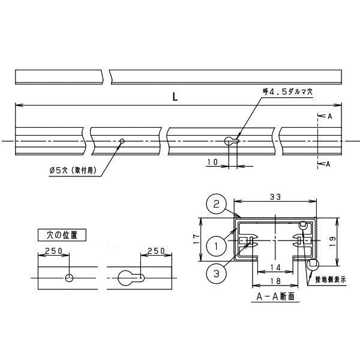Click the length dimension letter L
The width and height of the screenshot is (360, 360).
[175, 97]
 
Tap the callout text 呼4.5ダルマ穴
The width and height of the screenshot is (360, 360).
[287, 92]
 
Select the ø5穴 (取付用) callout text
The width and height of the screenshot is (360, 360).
[73, 170]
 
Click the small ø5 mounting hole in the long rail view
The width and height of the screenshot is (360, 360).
[122, 141]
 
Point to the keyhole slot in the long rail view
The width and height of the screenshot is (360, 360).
[232, 141]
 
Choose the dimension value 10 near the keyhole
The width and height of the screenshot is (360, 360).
[212, 162]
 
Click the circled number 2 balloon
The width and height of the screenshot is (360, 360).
[216, 204]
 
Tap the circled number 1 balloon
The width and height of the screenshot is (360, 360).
[216, 247]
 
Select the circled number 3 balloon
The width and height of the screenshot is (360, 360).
[216, 274]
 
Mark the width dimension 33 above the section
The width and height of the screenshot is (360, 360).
[275, 197]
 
